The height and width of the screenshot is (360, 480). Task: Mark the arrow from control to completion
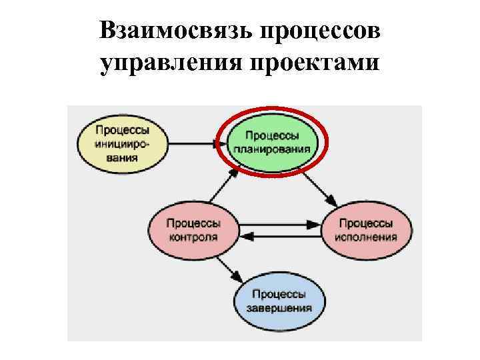[x=230, y=267]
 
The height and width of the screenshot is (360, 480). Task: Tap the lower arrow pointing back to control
[x=280, y=235]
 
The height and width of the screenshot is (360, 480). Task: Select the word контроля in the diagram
[x=193, y=237]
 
